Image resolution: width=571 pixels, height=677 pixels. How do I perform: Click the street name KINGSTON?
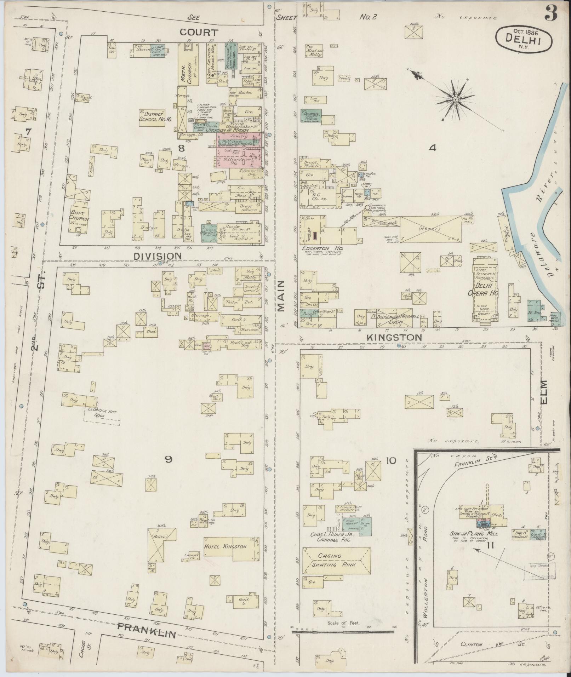pos(394,338)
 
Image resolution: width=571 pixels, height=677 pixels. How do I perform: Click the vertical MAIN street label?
pos(281,296)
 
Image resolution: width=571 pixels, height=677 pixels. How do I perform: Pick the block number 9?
pos(169,459)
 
